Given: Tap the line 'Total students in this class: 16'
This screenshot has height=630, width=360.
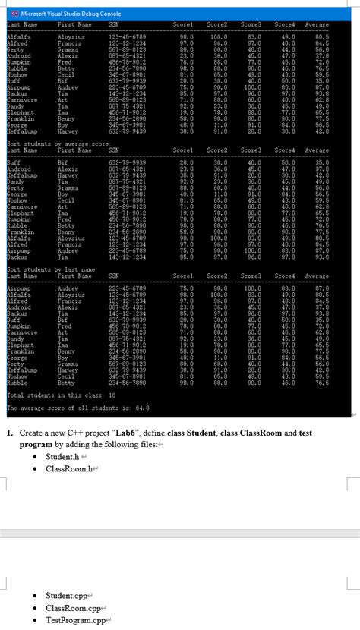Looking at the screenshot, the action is tap(60, 395).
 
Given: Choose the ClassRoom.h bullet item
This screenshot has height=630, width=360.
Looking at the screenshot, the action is tap(68, 469).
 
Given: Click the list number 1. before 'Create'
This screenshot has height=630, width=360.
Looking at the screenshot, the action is tap(10, 433).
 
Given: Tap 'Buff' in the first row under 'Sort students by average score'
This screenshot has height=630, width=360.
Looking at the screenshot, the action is tap(14, 162).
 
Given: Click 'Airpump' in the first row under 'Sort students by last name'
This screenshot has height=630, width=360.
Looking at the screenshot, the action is tap(18, 288).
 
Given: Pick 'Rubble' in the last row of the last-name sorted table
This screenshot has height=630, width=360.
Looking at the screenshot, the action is tap(17, 383).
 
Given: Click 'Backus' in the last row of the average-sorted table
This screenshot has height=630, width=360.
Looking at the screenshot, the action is tap(17, 257).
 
